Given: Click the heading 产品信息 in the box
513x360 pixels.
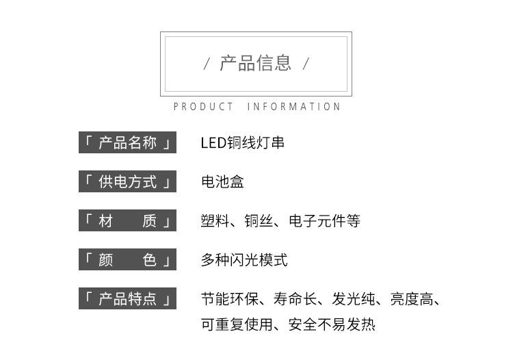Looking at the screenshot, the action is (255, 64).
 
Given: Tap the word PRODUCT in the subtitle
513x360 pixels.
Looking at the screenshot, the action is (203, 107).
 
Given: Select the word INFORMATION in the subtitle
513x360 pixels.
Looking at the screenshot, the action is (293, 107).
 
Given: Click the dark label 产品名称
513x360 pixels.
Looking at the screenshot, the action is (127, 143).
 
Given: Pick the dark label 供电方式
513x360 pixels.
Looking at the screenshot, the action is (127, 182).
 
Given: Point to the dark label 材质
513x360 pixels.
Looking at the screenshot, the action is (127, 221).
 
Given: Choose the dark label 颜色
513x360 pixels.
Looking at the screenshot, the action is (127, 260).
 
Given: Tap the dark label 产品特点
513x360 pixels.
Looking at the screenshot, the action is (127, 299).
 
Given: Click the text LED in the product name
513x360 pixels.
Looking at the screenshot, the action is (212, 143).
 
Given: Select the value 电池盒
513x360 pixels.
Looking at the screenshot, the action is (222, 182).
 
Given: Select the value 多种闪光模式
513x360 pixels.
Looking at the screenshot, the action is (244, 260).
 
